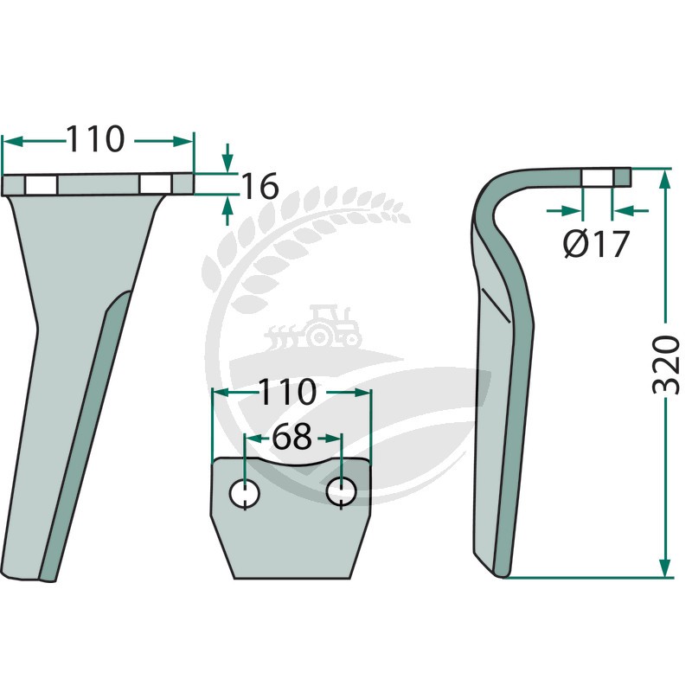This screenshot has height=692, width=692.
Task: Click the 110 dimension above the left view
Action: (95, 139)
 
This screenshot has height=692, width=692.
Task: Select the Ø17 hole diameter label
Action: (596, 244)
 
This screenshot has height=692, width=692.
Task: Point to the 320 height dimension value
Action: (665, 364)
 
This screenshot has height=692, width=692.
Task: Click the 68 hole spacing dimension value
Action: (292, 437)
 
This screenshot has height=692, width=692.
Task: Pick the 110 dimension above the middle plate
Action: (287, 392)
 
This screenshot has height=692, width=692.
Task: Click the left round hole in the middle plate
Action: (245, 493)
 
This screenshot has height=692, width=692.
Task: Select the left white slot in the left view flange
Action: (41, 185)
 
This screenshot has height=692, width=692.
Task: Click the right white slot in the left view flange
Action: (156, 184)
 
